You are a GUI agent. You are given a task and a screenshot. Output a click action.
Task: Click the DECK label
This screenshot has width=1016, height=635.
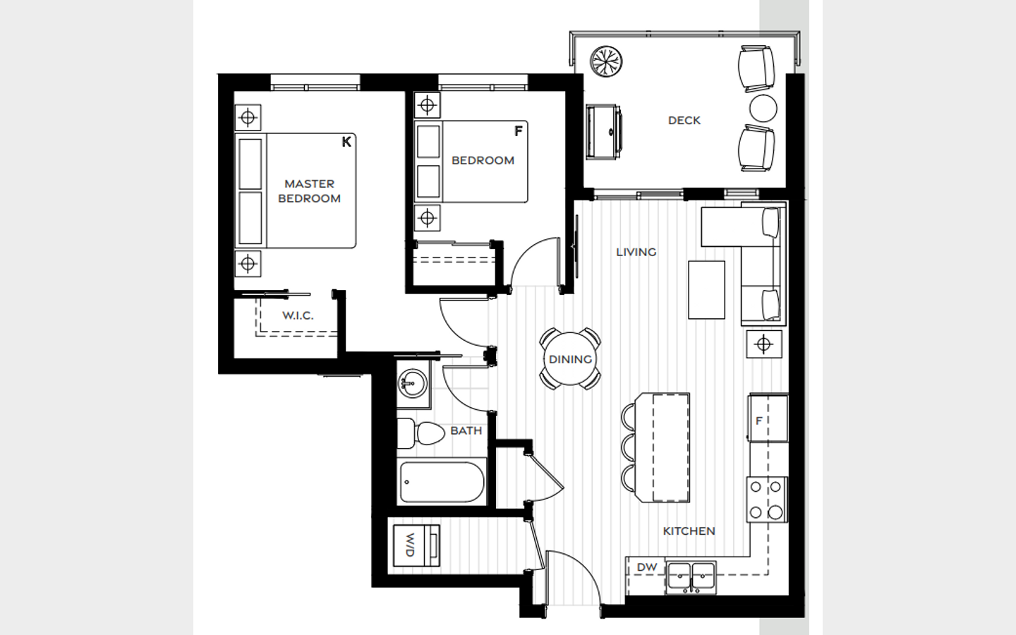click(684, 121)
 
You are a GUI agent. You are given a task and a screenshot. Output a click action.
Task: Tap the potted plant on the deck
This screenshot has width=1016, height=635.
click(606, 61)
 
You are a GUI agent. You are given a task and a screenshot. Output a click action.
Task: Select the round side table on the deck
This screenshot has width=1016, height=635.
click(763, 108)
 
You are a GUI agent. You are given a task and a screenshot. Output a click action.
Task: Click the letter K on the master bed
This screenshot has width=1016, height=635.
click(346, 142)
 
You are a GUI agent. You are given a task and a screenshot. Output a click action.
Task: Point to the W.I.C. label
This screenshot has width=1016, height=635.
click(298, 315)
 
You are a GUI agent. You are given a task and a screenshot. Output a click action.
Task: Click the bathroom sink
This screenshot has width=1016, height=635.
click(412, 384)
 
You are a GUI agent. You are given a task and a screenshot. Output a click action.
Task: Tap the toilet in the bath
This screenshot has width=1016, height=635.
click(421, 434)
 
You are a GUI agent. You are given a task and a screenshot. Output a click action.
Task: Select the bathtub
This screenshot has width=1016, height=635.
click(442, 482)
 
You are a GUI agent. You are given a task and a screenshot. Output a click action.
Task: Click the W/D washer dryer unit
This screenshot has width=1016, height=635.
click(416, 545)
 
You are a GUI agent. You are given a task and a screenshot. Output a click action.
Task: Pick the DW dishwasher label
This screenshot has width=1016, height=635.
click(647, 567)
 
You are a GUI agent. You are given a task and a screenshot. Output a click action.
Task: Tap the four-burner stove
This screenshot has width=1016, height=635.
click(767, 500)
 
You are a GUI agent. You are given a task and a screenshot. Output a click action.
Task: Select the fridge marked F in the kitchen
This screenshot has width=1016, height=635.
click(768, 418)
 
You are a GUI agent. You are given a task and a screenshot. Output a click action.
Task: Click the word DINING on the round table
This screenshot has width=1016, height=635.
click(570, 360)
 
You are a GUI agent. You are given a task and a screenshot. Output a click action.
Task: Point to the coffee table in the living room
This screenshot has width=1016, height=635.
click(706, 290)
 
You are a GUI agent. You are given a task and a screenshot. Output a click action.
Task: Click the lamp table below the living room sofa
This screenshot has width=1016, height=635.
click(764, 344)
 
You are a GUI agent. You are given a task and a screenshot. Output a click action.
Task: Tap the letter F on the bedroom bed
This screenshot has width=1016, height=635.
click(519, 131)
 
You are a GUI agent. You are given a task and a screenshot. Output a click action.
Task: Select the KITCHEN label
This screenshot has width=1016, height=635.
click(689, 531)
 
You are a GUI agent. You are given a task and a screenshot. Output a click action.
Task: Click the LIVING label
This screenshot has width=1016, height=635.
click(636, 252)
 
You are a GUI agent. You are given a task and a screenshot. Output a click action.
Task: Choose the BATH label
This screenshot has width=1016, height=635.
click(466, 431)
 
